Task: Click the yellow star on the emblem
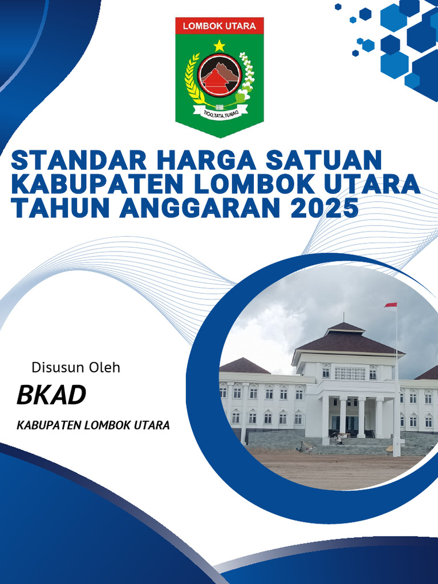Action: coord(220,46)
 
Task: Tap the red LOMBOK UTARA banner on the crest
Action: coord(220,26)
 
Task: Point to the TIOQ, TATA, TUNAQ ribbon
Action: coord(220,112)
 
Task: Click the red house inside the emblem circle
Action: coord(216,82)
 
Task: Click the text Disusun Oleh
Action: coord(76,367)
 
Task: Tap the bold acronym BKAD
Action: coord(51,395)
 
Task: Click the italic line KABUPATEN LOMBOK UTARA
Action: coord(93,425)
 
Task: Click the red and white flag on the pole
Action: coord(391,306)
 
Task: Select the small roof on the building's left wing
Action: coord(244,366)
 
